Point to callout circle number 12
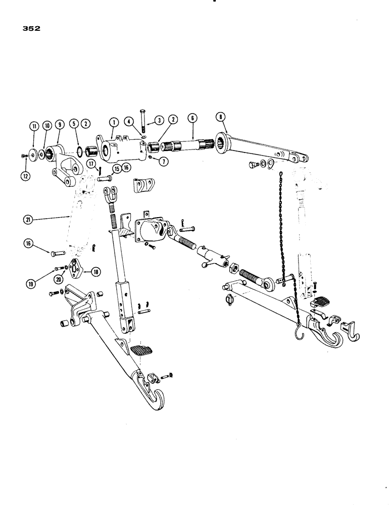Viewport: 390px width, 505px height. pos(25,176)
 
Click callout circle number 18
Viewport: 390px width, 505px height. pos(95,272)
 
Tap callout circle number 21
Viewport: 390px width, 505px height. pos(29,219)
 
